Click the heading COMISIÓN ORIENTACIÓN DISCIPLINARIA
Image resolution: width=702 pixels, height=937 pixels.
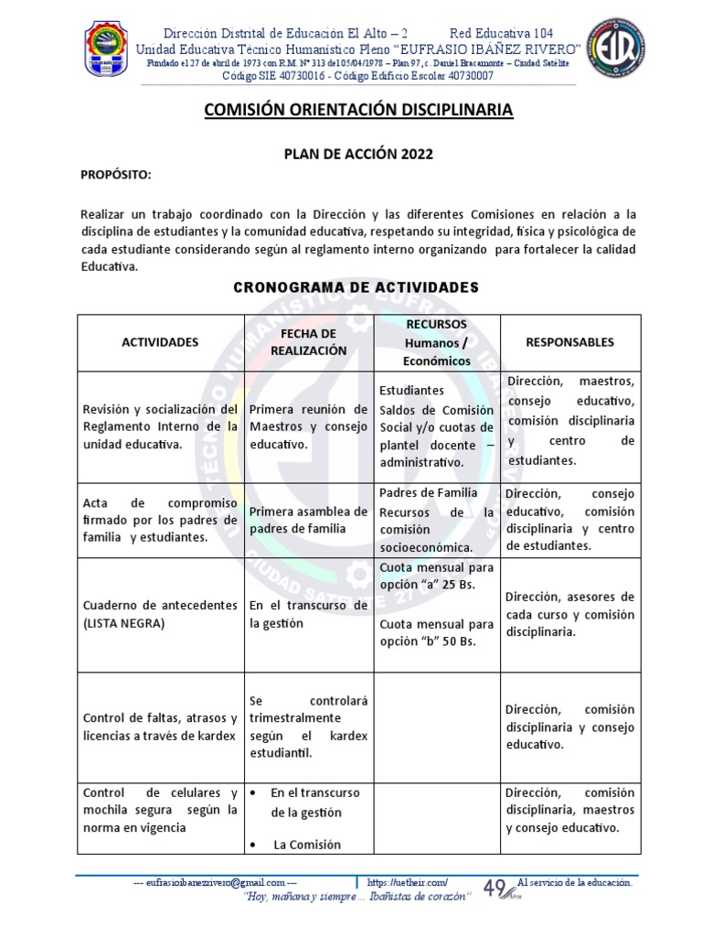coord(357,111)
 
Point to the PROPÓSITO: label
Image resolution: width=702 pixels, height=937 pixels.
coord(115,175)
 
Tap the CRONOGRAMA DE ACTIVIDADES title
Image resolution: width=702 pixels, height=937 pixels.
coord(356,287)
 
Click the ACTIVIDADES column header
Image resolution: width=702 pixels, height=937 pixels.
coord(160,342)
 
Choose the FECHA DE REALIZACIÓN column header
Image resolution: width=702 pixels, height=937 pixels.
coord(308,341)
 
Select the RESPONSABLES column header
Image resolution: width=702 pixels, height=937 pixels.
coord(569,341)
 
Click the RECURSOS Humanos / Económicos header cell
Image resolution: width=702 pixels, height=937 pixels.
coord(438,342)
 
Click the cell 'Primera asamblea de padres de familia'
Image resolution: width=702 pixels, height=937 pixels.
coord(308,520)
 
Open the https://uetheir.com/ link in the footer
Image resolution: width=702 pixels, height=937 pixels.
coord(407,882)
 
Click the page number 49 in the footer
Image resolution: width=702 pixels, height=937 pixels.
coord(495,888)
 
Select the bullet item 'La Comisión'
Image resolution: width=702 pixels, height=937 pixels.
coord(306,845)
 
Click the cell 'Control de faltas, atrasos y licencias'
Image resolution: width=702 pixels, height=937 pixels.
coord(160,727)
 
